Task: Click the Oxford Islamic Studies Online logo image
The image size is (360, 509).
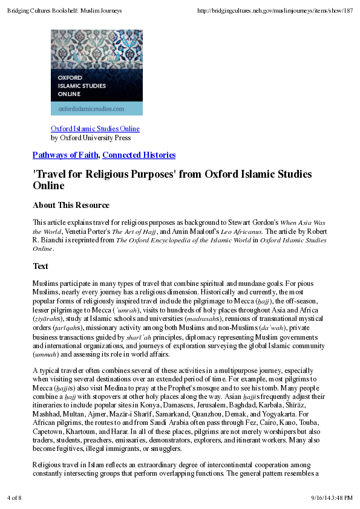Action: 97,72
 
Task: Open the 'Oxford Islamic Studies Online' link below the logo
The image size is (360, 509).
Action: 95,129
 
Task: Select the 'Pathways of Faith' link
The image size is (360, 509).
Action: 66,155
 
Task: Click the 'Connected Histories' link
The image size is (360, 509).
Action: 139,155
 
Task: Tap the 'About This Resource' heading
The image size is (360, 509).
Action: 71,206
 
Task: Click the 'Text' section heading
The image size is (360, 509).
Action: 41,266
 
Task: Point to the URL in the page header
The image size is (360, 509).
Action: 275,11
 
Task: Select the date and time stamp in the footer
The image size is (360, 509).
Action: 332,498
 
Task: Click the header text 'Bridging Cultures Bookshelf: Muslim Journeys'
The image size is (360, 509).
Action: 65,11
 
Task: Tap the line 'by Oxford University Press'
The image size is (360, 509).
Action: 91,138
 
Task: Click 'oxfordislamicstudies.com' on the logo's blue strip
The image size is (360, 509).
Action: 91,109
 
